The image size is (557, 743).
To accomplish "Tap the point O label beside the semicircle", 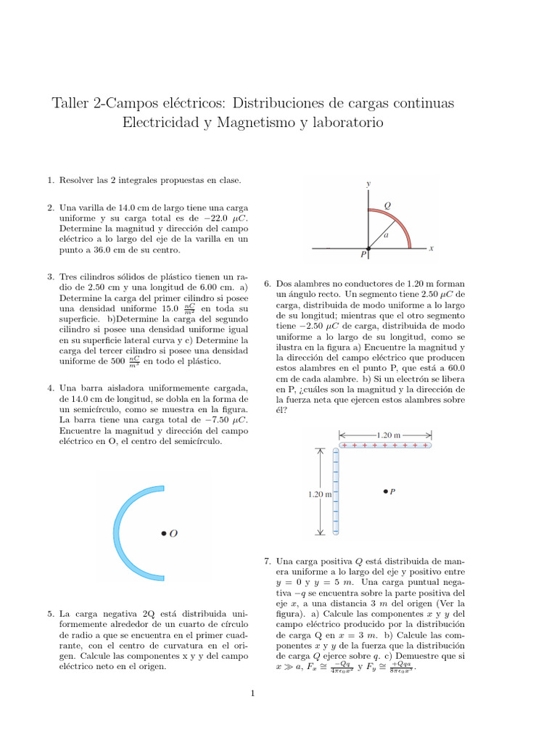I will click(x=173, y=533).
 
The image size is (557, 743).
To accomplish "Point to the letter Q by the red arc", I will click(x=387, y=205).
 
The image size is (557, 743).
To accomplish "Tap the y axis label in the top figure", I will click(x=368, y=184).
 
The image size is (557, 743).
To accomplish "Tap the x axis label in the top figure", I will click(x=431, y=248).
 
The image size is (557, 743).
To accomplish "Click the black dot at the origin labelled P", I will click(x=368, y=249).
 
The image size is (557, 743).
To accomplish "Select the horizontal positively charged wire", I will click(x=385, y=445).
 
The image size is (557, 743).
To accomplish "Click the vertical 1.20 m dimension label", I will click(x=319, y=494).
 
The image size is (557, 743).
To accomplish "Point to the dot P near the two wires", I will click(x=385, y=491).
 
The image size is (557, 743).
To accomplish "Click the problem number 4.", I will click(x=49, y=388).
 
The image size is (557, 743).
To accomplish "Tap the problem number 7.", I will click(x=267, y=561).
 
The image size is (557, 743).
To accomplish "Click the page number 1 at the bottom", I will click(x=253, y=694).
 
